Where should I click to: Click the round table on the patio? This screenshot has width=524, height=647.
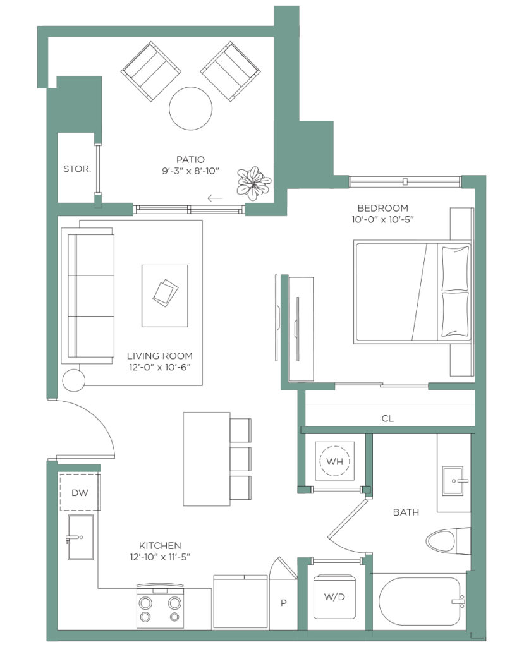[x=190, y=109]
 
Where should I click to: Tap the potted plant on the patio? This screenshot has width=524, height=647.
[x=253, y=183]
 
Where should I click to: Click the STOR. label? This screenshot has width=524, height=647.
[x=77, y=169]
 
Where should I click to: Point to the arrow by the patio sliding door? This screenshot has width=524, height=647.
[x=215, y=198]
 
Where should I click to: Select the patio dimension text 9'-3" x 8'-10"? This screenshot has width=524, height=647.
[x=190, y=171]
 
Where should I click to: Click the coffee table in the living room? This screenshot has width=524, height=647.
[x=165, y=296]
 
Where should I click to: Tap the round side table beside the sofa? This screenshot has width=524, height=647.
[x=73, y=380]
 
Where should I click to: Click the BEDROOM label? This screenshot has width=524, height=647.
[x=382, y=208]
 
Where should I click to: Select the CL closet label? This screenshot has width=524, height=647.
[x=387, y=418]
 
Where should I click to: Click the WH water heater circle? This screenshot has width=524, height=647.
[x=334, y=461]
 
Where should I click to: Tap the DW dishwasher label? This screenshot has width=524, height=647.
[x=80, y=493]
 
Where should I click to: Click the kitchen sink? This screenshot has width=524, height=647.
[x=80, y=537]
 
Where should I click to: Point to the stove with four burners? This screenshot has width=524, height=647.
[x=159, y=606]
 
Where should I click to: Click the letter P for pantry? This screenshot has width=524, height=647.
[x=284, y=603]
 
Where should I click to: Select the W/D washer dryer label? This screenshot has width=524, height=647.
[x=334, y=596]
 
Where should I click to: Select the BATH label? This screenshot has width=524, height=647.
[x=406, y=512]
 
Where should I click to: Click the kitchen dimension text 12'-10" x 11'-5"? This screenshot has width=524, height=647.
[x=160, y=557]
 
